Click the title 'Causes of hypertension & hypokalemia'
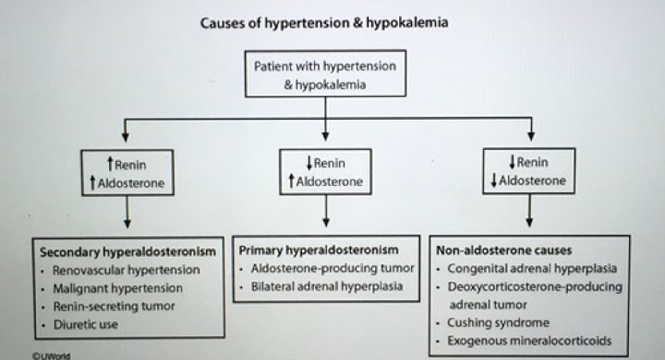click(x=324, y=23)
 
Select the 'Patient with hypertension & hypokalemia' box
click(x=325, y=74)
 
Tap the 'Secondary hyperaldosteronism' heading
click(x=127, y=252)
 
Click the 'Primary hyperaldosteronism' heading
click(x=318, y=250)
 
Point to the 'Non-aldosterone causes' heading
click(x=504, y=250)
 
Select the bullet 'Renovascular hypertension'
click(x=126, y=270)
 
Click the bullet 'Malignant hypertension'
click(x=118, y=288)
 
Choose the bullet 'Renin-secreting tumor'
click(x=114, y=306)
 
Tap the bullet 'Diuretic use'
click(x=86, y=324)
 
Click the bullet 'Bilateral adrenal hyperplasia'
click(x=326, y=286)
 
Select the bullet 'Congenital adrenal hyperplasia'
click(x=532, y=268)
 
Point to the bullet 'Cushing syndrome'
click(x=498, y=323)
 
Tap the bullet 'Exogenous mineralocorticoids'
click(x=529, y=341)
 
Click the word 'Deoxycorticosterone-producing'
click(x=535, y=287)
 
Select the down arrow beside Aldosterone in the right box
click(x=494, y=181)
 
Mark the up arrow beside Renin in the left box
click(x=110, y=163)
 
